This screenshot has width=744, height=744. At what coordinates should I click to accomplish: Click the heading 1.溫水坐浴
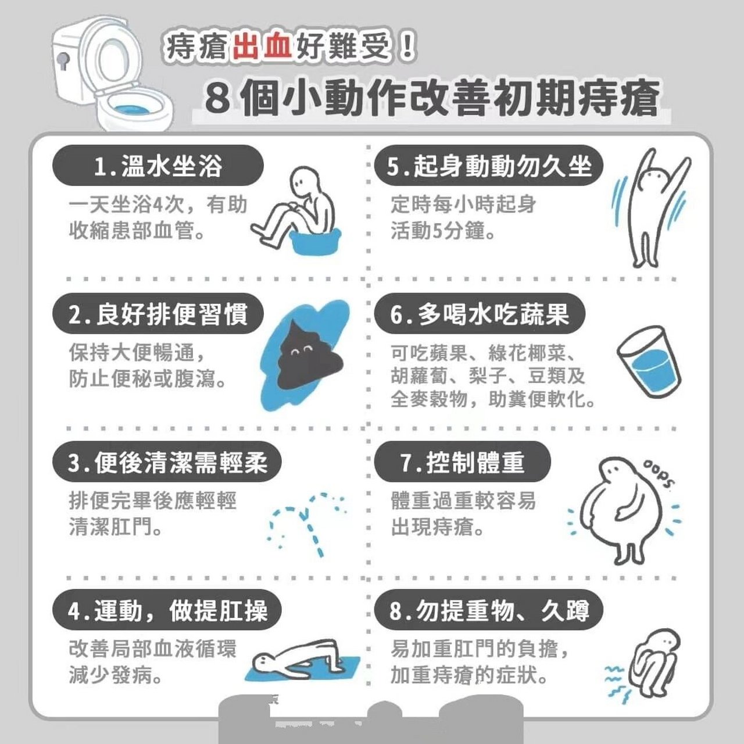[158, 166]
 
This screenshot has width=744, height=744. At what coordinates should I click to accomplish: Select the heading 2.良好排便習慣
[158, 314]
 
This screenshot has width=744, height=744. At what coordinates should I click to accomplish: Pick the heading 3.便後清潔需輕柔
[167, 462]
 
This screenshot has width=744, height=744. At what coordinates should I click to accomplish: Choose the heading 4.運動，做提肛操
[167, 611]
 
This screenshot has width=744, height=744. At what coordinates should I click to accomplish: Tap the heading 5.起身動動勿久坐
[489, 166]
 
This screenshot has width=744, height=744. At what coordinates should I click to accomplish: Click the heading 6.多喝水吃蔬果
[479, 314]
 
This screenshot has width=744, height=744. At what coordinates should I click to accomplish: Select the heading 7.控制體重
[462, 462]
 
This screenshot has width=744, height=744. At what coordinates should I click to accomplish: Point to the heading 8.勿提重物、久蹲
[489, 611]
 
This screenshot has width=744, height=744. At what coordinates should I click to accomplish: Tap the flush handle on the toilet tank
[63, 60]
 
